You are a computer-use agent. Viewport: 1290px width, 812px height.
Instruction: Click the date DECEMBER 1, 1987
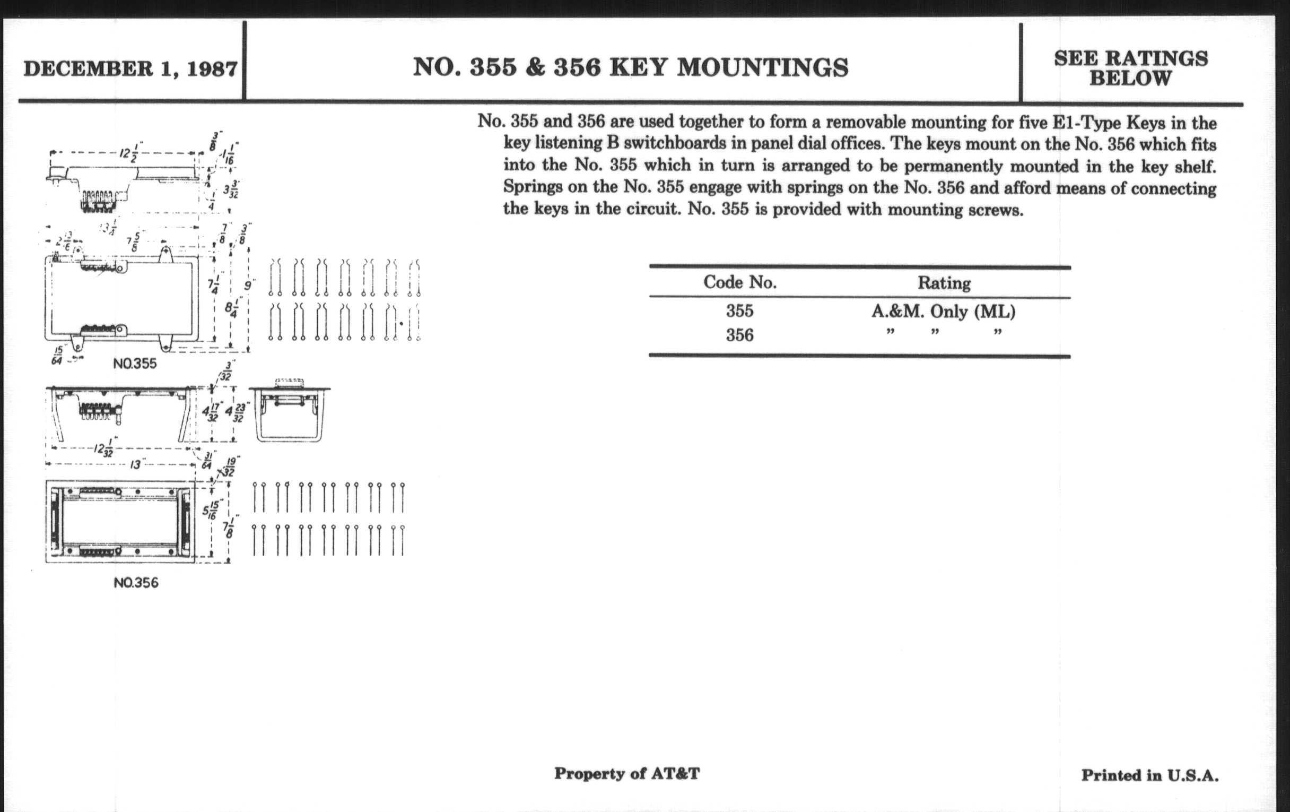coord(130,69)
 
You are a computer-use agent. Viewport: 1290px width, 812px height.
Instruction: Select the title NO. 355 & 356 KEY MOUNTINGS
coord(631,67)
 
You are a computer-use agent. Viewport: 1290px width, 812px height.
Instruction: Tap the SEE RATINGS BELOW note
coord(1131,68)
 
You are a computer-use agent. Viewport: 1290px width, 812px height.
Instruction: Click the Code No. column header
coord(740,282)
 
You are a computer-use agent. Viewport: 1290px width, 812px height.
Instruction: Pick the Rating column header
coord(944,283)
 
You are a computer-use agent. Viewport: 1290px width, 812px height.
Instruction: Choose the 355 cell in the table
coord(739,311)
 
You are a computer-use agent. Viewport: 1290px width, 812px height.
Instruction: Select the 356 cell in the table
coord(739,335)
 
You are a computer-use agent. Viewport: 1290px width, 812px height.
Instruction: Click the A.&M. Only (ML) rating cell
coord(943,312)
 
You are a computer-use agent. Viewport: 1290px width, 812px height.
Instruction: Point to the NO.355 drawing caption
coord(135,364)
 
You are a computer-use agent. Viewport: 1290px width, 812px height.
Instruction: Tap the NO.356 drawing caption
coord(136,583)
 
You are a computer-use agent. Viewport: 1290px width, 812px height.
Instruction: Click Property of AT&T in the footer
coord(627,773)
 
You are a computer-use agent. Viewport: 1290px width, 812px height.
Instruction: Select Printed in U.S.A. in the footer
coord(1149,775)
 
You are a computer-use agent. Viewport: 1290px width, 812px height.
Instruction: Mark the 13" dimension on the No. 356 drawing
coord(136,465)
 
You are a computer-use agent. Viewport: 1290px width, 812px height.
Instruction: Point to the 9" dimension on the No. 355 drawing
coord(248,286)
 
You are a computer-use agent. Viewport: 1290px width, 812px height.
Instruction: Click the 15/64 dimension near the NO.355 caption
coord(57,356)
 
